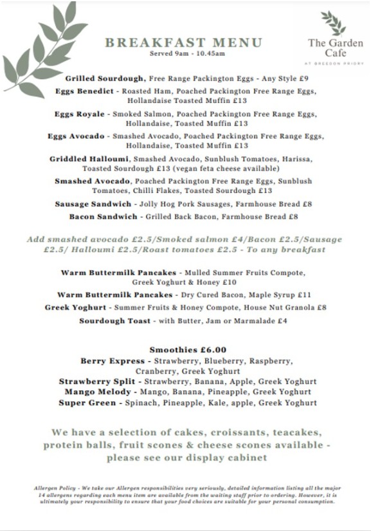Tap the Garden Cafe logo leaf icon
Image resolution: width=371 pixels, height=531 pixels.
pos(333,23)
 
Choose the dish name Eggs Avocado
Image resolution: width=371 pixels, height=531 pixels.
pos(76,136)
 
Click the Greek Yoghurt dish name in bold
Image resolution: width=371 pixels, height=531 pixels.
pos(75,308)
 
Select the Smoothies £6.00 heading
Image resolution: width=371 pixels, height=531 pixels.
pos(188,350)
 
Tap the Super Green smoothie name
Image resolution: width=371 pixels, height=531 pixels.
pos(89,403)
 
